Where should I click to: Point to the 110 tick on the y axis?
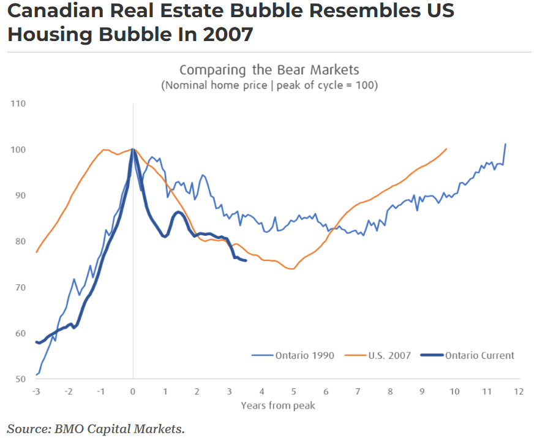[18, 104]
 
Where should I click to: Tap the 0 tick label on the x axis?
[133, 391]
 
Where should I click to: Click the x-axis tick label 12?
[519, 391]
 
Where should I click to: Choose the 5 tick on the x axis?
[294, 391]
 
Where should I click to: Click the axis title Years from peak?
[278, 405]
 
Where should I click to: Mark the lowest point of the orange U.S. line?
[293, 269]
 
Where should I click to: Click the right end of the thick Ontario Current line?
[246, 261]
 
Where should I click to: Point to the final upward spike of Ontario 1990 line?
[505, 145]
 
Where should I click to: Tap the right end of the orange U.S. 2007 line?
[446, 148]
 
